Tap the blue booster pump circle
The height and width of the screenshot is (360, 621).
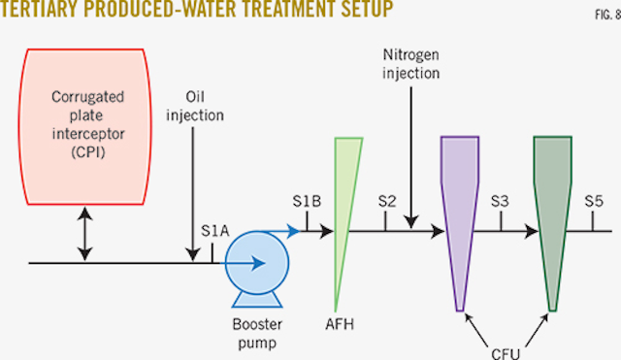point(253,262)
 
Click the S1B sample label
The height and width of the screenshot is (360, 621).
point(305,201)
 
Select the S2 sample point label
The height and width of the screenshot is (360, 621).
point(386,201)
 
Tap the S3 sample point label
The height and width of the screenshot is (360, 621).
point(501,201)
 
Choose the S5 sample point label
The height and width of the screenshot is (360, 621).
point(594,201)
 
